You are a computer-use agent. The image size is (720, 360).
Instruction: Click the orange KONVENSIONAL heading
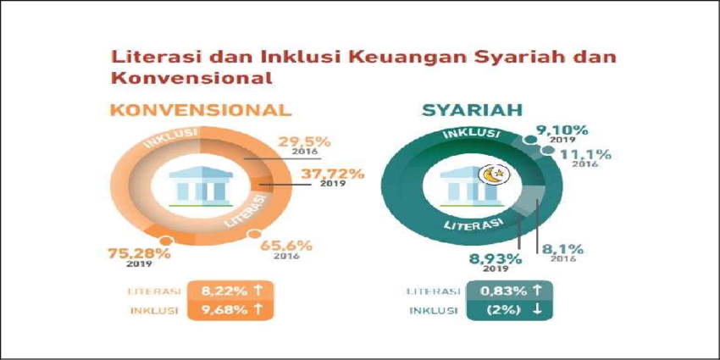(x=201, y=111)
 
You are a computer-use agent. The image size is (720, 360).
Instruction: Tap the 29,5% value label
(x=304, y=142)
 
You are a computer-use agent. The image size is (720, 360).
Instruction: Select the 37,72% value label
(x=332, y=174)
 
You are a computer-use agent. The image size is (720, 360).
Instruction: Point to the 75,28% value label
(x=139, y=253)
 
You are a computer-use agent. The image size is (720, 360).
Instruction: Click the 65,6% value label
(x=286, y=245)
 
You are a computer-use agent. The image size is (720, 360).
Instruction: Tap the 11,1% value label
(x=585, y=155)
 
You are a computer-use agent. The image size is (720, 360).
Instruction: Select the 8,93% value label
(x=496, y=258)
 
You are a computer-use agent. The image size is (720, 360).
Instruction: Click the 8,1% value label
(x=564, y=250)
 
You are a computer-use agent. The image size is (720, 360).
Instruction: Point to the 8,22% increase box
(x=230, y=291)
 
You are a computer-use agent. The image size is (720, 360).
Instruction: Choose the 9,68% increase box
(x=230, y=309)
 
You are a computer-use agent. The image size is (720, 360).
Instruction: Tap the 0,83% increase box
(x=509, y=291)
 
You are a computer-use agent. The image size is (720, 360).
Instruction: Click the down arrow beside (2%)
(x=537, y=310)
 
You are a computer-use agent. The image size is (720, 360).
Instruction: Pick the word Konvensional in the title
(x=191, y=77)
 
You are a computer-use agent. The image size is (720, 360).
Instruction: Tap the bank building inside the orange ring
(x=201, y=186)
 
